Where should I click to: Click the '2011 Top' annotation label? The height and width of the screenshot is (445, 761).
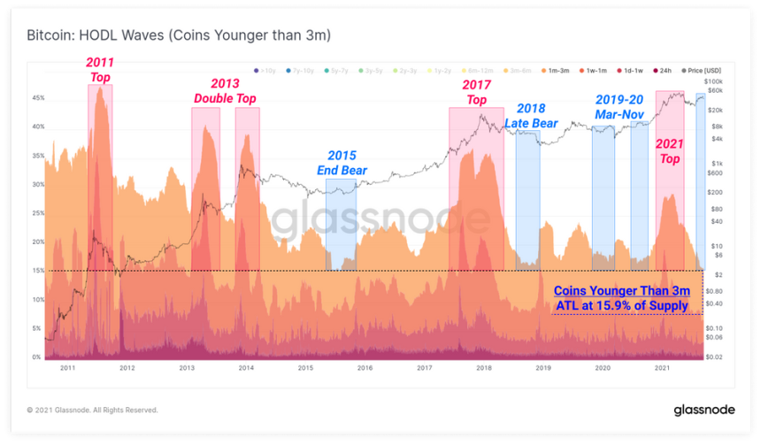(x=99, y=69)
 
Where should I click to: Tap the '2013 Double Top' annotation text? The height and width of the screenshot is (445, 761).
(x=225, y=89)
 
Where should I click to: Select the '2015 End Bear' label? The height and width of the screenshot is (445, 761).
(x=341, y=163)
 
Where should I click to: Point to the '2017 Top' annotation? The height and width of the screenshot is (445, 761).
(x=476, y=92)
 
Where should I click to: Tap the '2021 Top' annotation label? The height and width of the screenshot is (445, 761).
(x=670, y=152)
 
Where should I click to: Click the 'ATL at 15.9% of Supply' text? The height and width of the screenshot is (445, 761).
(x=619, y=306)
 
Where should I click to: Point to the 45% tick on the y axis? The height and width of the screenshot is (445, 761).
(x=38, y=98)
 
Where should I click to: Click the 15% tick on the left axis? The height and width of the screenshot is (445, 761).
(x=38, y=271)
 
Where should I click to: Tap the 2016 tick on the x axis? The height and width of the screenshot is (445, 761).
(x=365, y=368)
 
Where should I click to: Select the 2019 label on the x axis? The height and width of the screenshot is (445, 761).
(x=543, y=368)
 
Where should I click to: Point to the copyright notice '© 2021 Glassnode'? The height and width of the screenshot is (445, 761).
(x=93, y=410)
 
